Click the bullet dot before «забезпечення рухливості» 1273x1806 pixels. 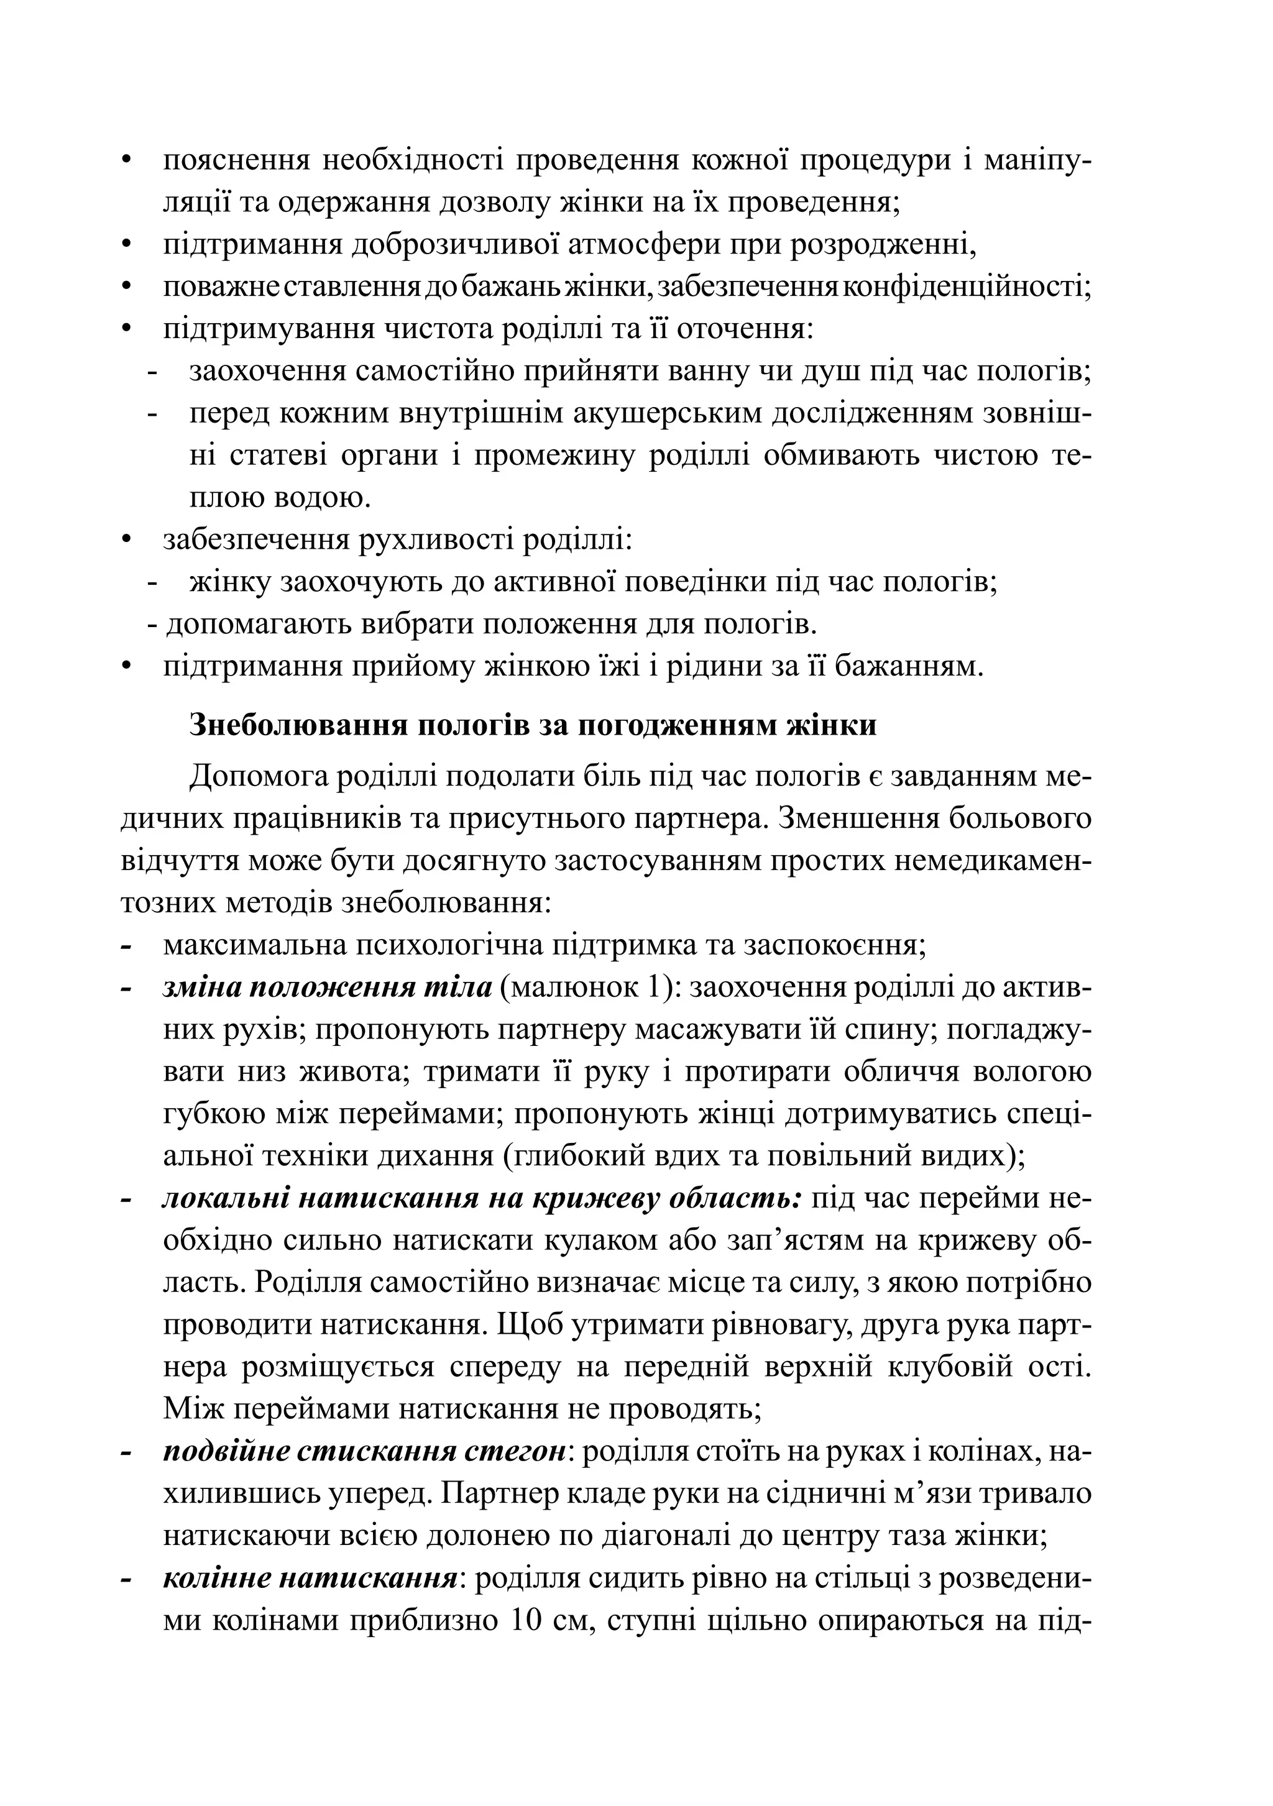126,541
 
